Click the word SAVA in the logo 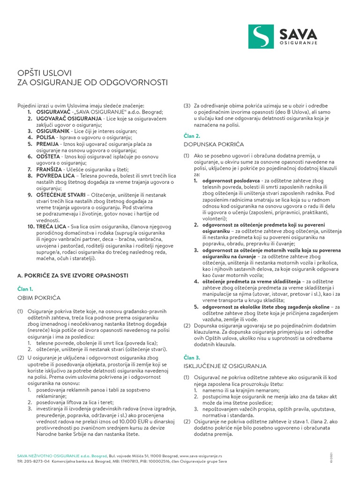point(298,34)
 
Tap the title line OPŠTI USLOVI point(44,73)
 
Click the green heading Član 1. point(25,289)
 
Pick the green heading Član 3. point(192,357)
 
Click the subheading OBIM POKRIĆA point(39,298)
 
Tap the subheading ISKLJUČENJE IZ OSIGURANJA point(225,366)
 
